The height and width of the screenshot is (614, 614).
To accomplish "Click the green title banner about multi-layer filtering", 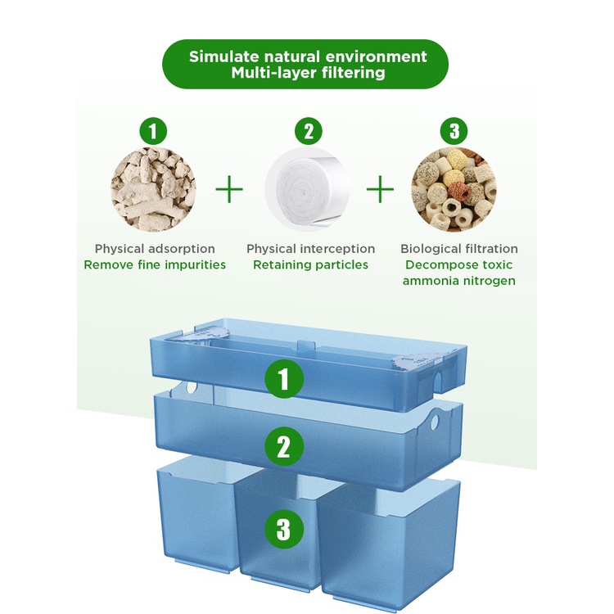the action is (305, 64).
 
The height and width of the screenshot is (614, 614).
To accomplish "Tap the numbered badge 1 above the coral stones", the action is (153, 131).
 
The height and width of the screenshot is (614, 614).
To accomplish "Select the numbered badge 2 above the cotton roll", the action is (309, 131).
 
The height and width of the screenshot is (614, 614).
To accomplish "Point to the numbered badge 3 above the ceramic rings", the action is (454, 131).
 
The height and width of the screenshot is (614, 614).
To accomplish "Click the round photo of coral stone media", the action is (154, 190).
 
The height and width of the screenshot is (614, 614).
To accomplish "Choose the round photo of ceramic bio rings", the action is (454, 190).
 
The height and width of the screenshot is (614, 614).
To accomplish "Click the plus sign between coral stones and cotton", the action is (229, 189).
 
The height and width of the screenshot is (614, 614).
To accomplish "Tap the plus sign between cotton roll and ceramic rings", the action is (380, 189).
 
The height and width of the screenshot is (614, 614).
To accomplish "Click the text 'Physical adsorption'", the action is (155, 249).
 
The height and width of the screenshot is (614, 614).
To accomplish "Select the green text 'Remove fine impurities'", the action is (155, 264).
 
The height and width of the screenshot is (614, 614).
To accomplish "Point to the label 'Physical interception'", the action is (310, 249).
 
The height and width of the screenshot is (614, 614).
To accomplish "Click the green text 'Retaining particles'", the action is (310, 264).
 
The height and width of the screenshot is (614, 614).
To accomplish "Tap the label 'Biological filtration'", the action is (459, 249).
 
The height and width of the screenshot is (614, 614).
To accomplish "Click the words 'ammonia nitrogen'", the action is (459, 281).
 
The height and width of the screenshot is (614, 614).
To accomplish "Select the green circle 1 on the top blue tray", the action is (284, 379).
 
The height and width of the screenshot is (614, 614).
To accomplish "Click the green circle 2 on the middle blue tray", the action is (284, 446).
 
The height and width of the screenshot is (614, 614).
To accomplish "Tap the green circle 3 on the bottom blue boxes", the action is (284, 529).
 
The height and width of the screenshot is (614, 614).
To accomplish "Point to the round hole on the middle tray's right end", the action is (435, 422).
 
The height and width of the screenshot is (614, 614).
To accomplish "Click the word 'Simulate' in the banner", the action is (224, 56).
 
